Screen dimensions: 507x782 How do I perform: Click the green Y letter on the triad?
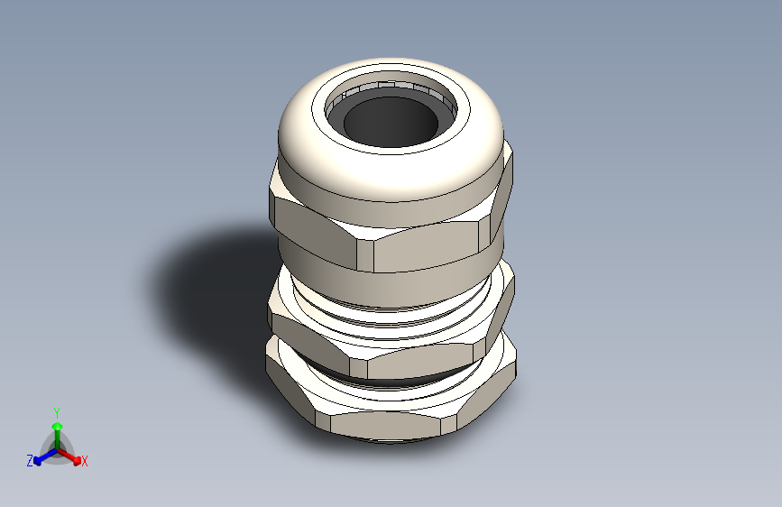pos(57,410)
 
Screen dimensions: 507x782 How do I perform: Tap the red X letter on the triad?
pos(85,462)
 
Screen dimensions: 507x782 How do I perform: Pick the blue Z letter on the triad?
pos(30,461)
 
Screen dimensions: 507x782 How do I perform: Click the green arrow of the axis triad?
pos(57,428)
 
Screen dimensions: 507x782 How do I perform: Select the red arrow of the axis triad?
pos(72,456)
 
